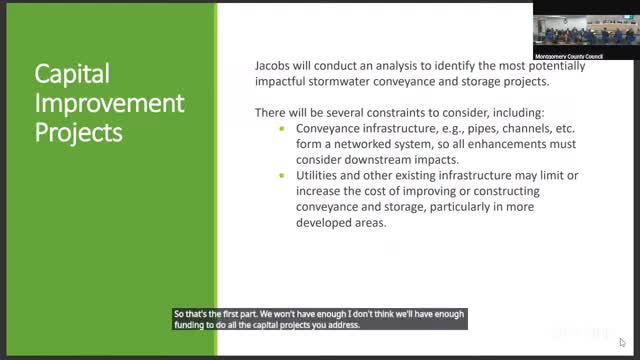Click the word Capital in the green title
pos(72,74)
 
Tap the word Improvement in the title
pos(109,104)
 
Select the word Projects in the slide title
pos(78,133)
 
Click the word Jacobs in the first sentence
pos(272,66)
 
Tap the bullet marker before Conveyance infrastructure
pos(282,129)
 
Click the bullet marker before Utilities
pos(282,176)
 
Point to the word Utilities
pos(316,176)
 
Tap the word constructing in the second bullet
pos(506,191)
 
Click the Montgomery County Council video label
pos(569,56)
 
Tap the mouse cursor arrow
pos(622,342)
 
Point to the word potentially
pos(557,66)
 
